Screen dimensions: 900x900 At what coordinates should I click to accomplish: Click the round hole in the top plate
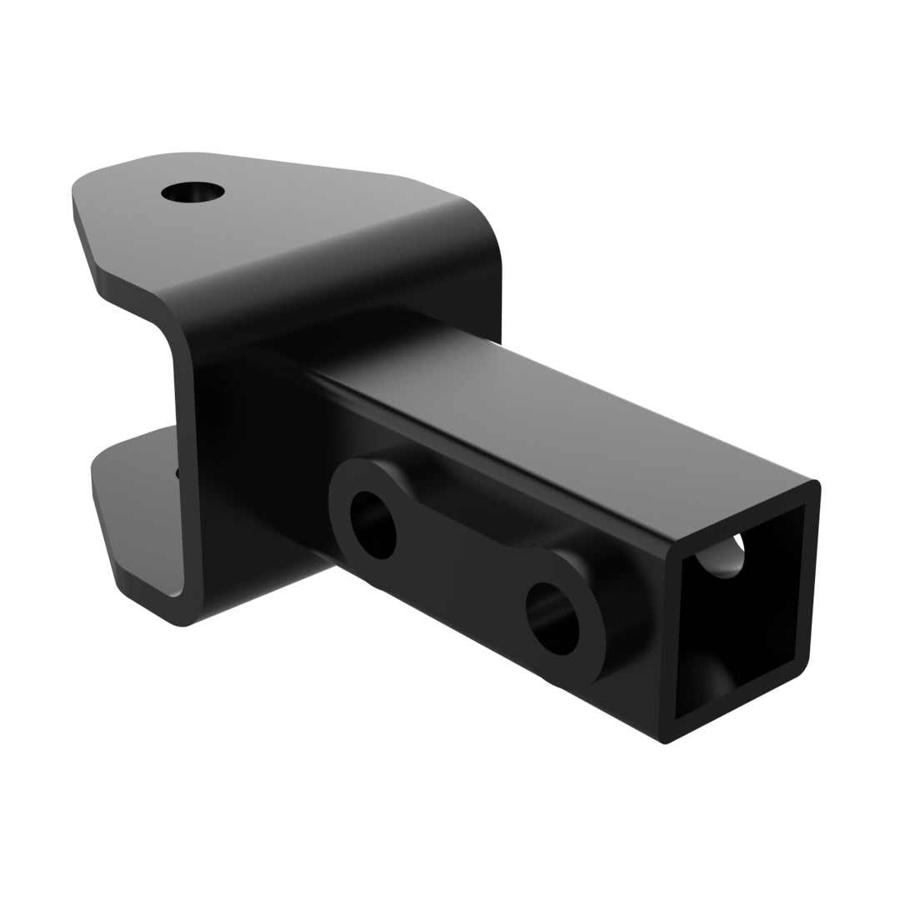click(x=192, y=192)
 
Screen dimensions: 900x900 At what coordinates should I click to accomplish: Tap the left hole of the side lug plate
click(x=372, y=525)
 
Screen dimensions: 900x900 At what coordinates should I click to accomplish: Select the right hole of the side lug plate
click(x=552, y=618)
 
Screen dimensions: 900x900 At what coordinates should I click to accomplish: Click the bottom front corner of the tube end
click(x=664, y=740)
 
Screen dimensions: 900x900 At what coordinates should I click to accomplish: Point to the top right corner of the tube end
click(x=815, y=483)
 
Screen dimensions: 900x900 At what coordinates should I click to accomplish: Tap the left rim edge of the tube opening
click(x=671, y=642)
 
